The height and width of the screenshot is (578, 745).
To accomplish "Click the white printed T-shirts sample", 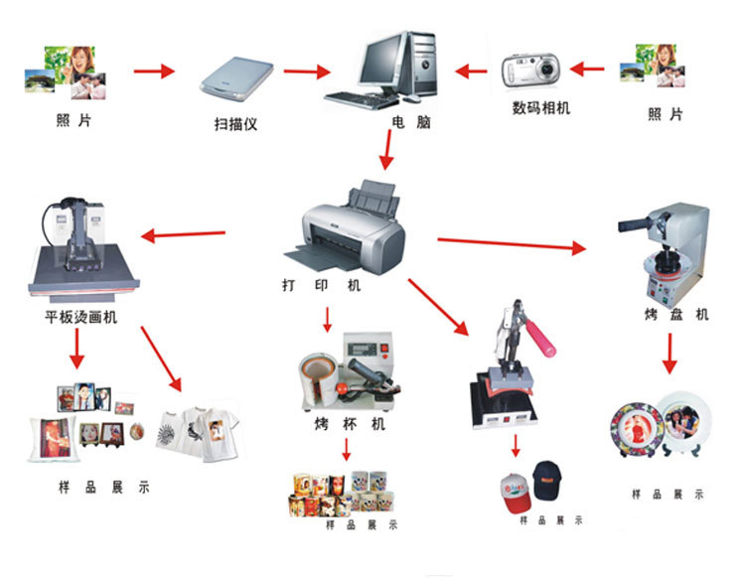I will pos(199,430).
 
